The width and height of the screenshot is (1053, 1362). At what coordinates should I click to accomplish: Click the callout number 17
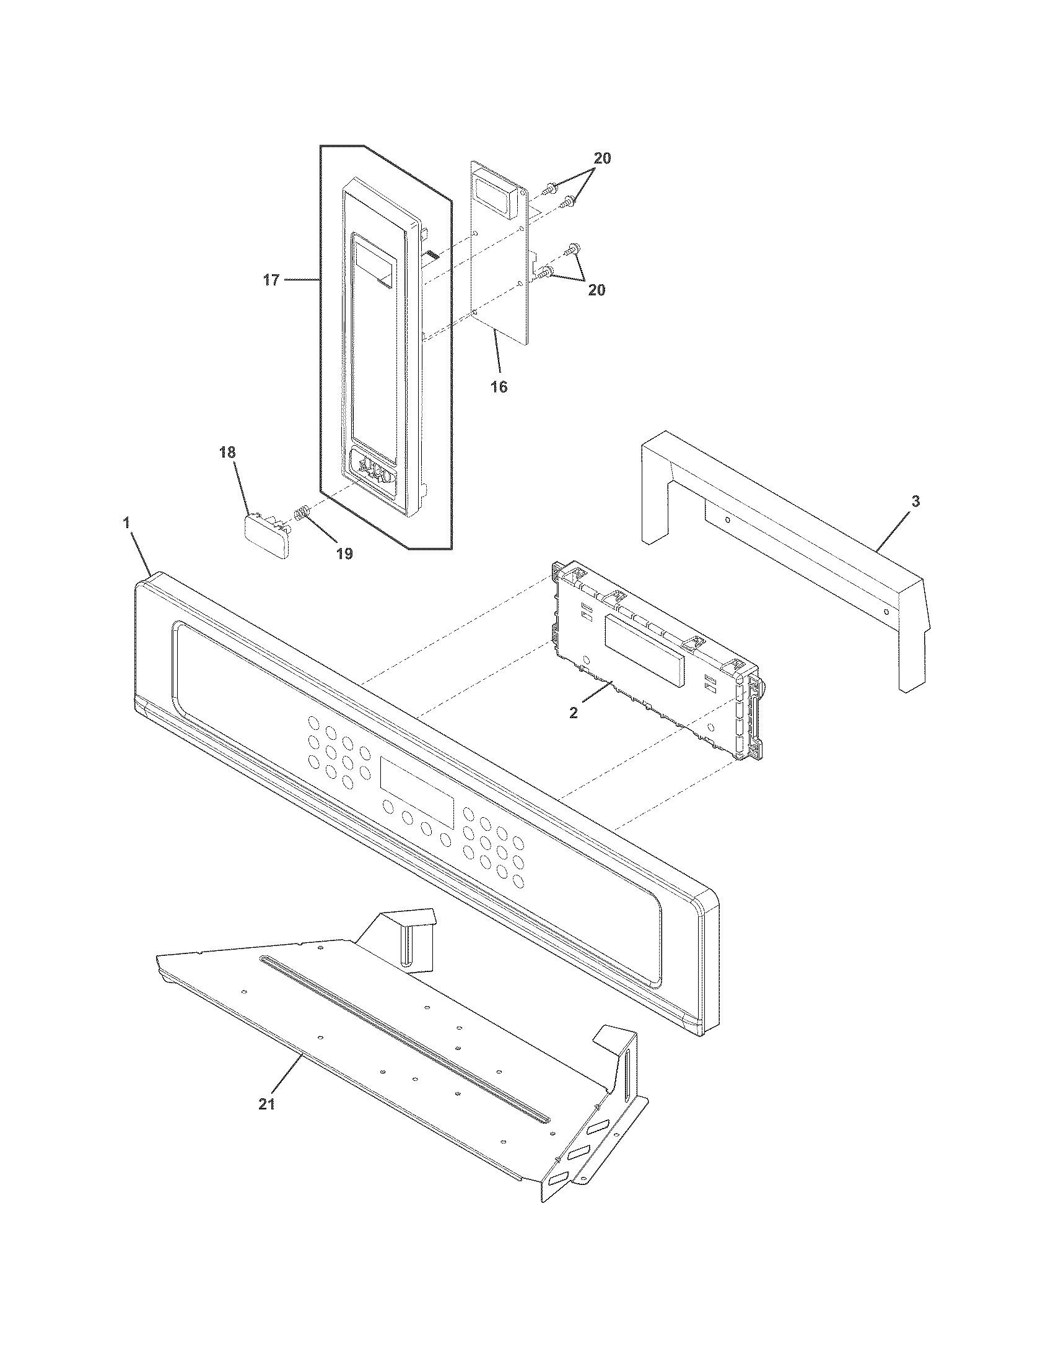click(271, 280)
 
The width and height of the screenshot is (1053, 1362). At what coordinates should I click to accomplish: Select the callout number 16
click(499, 387)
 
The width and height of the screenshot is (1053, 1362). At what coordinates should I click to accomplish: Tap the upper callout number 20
click(602, 158)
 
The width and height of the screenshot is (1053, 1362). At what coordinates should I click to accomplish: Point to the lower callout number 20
click(596, 290)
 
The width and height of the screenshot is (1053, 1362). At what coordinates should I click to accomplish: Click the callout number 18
click(227, 453)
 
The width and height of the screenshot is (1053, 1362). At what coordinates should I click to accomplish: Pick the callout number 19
click(344, 553)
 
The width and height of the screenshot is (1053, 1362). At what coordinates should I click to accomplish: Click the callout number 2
click(574, 712)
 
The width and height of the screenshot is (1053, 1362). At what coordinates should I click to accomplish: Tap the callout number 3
click(914, 501)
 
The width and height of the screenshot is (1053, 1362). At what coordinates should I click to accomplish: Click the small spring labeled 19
click(300, 514)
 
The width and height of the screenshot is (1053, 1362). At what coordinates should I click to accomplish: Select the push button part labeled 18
click(268, 535)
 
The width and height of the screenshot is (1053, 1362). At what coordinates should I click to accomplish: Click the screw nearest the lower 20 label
click(546, 272)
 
